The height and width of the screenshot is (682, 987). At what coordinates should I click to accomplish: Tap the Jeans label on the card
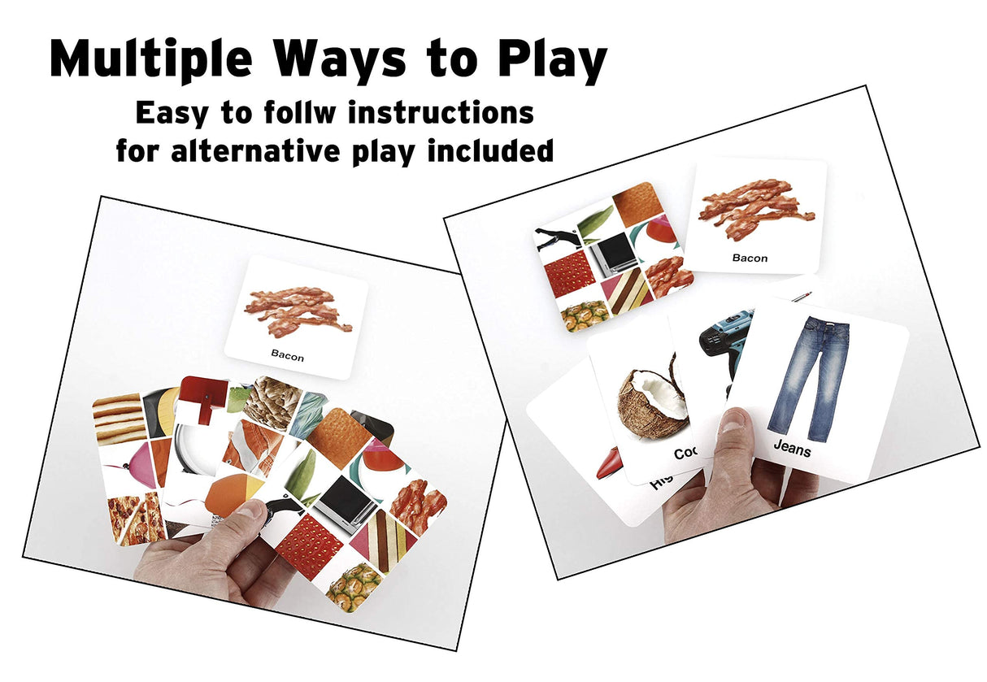point(791,446)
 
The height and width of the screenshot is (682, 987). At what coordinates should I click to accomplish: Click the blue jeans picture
point(808,378)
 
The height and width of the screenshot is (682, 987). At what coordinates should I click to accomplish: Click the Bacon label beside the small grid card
point(749,258)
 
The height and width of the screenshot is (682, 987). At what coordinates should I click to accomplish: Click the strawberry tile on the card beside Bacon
point(568,274)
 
